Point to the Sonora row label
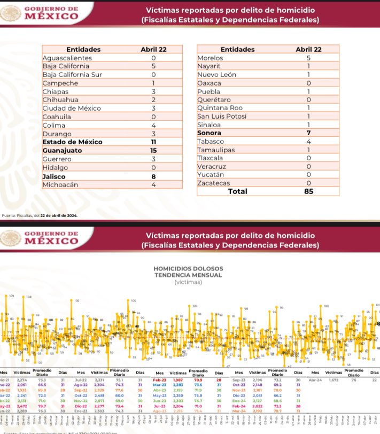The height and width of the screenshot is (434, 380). pos(210,132)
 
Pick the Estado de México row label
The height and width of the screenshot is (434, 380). pos(69,142)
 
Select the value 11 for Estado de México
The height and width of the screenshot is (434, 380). pos(153,142)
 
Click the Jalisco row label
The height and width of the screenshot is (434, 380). pos(55,176)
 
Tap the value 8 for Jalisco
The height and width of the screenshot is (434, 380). pos(153,176)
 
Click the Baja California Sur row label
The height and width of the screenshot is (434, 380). pos(72,74)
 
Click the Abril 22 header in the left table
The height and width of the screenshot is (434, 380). pos(153,49)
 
